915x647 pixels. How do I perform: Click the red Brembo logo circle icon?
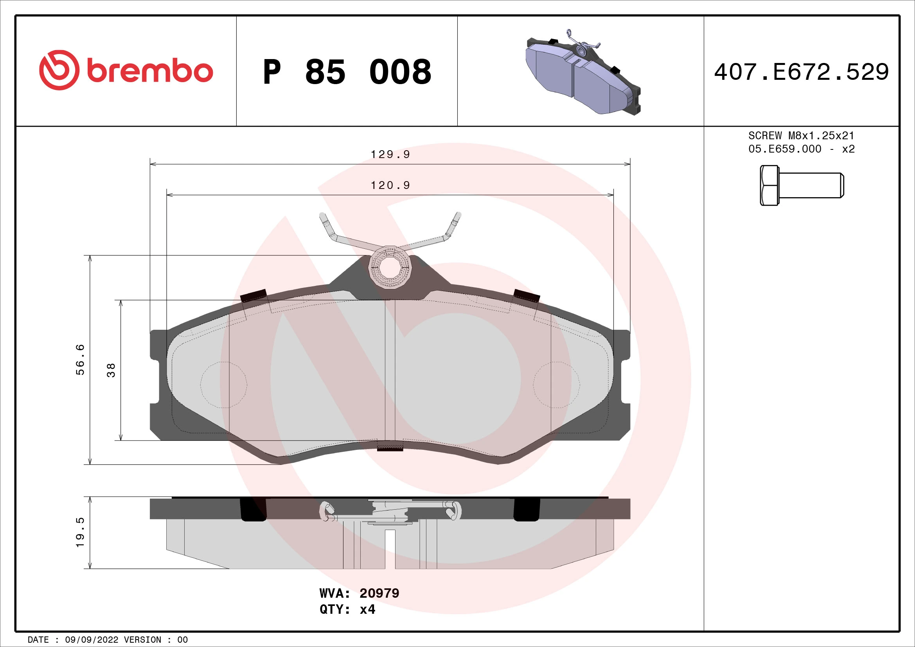(59, 70)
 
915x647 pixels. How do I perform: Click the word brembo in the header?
(150, 71)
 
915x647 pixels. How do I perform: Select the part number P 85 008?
(347, 72)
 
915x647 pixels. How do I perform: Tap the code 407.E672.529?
(801, 72)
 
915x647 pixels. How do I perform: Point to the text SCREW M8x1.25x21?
(801, 135)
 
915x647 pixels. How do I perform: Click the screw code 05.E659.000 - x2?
(801, 149)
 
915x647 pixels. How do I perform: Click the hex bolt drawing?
(801, 185)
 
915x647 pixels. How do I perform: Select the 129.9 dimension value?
(390, 155)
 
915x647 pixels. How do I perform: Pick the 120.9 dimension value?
(390, 186)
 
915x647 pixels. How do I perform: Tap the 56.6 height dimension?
(80, 359)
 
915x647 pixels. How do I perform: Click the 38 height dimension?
(111, 370)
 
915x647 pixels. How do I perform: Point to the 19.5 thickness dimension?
(80, 532)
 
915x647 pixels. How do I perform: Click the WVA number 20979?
(379, 593)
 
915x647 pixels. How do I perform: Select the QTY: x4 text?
(347, 609)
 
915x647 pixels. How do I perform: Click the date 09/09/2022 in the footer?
(92, 640)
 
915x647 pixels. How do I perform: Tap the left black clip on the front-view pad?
(253, 296)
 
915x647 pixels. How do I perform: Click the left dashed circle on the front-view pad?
(224, 385)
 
